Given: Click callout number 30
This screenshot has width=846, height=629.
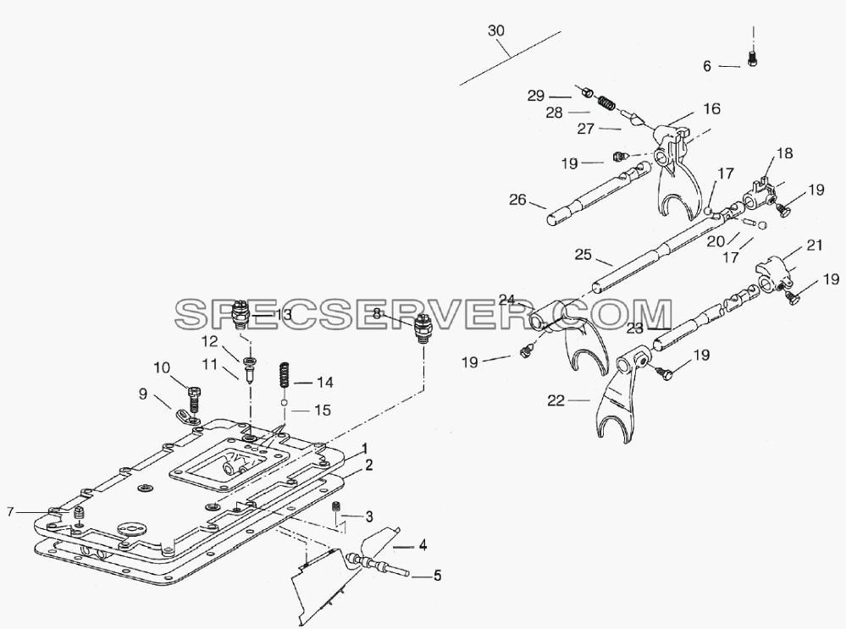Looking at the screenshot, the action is point(496,30).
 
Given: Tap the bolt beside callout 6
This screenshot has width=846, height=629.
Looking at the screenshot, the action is point(753,58).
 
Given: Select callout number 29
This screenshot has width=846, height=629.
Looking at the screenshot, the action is point(536,96).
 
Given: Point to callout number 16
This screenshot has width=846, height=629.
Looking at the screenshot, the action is point(712,108).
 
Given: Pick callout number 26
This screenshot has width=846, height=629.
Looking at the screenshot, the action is point(517,200).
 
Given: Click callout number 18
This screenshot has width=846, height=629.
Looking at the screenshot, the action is point(784,153).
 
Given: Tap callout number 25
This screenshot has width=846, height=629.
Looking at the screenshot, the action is point(583,254).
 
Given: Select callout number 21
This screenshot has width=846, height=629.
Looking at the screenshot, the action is point(814,246).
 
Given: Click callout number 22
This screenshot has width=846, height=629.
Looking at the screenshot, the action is point(556,400).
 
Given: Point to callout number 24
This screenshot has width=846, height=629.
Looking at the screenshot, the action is point(507,299).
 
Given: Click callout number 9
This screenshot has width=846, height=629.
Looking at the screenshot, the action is point(142,395).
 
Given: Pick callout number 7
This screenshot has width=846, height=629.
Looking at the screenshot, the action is point(9,510).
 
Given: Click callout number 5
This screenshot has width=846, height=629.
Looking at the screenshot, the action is point(437,576).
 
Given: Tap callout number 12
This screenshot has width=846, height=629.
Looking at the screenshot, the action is point(209,341).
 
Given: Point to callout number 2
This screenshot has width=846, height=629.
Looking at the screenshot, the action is point(368,465).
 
